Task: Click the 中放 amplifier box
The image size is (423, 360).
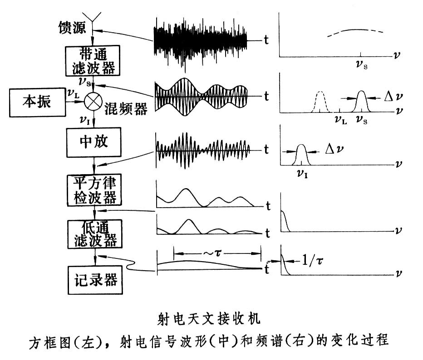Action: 93,142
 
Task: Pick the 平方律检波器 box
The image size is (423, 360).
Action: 93,190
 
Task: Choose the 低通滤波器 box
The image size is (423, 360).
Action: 93,234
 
